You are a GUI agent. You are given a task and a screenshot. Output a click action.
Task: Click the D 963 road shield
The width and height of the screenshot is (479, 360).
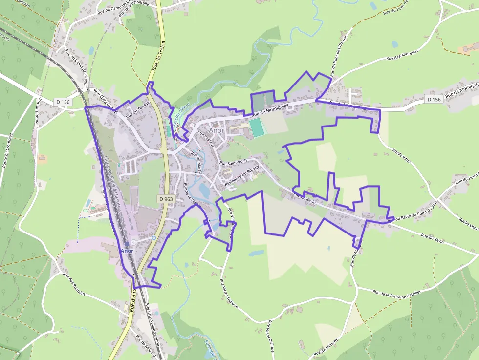(x=166, y=199)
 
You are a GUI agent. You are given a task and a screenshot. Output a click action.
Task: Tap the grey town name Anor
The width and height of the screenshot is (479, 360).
(x=216, y=131)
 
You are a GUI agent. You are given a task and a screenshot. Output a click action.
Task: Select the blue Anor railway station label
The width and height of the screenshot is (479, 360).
(x=127, y=250)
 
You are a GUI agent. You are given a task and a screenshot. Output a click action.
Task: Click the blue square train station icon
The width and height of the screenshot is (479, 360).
(x=127, y=243)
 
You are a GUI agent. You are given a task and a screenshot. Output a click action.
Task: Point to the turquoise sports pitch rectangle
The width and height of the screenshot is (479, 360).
(x=257, y=127)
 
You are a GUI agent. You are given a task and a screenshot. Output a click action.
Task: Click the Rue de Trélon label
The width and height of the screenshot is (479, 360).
(x=158, y=58)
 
